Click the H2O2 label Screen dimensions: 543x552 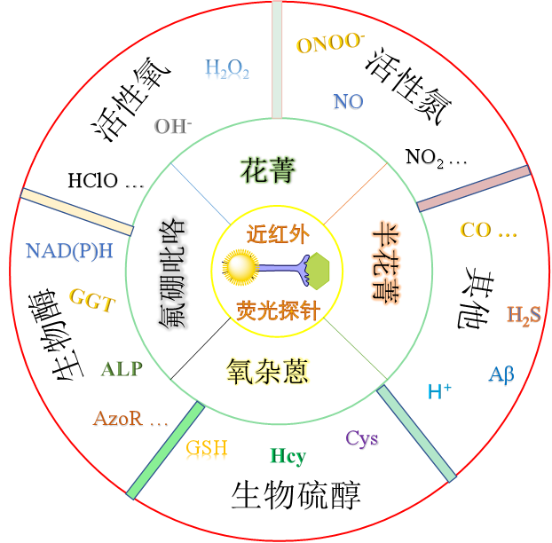(227, 68)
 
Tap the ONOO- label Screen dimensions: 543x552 (330, 43)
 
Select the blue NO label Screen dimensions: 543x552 (348, 101)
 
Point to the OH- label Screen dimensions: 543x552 (173, 126)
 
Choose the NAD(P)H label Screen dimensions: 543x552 (70, 250)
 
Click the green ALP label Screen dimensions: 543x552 (122, 368)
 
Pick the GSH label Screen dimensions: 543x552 (206, 448)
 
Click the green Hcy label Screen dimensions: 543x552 (288, 457)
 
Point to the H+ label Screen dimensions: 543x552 (440, 391)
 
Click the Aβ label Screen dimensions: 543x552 (501, 374)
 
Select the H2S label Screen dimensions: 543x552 (524, 314)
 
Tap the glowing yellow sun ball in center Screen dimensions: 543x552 (239, 267)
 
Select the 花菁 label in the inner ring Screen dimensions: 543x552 (268, 169)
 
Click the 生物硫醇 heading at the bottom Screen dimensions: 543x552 (296, 495)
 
